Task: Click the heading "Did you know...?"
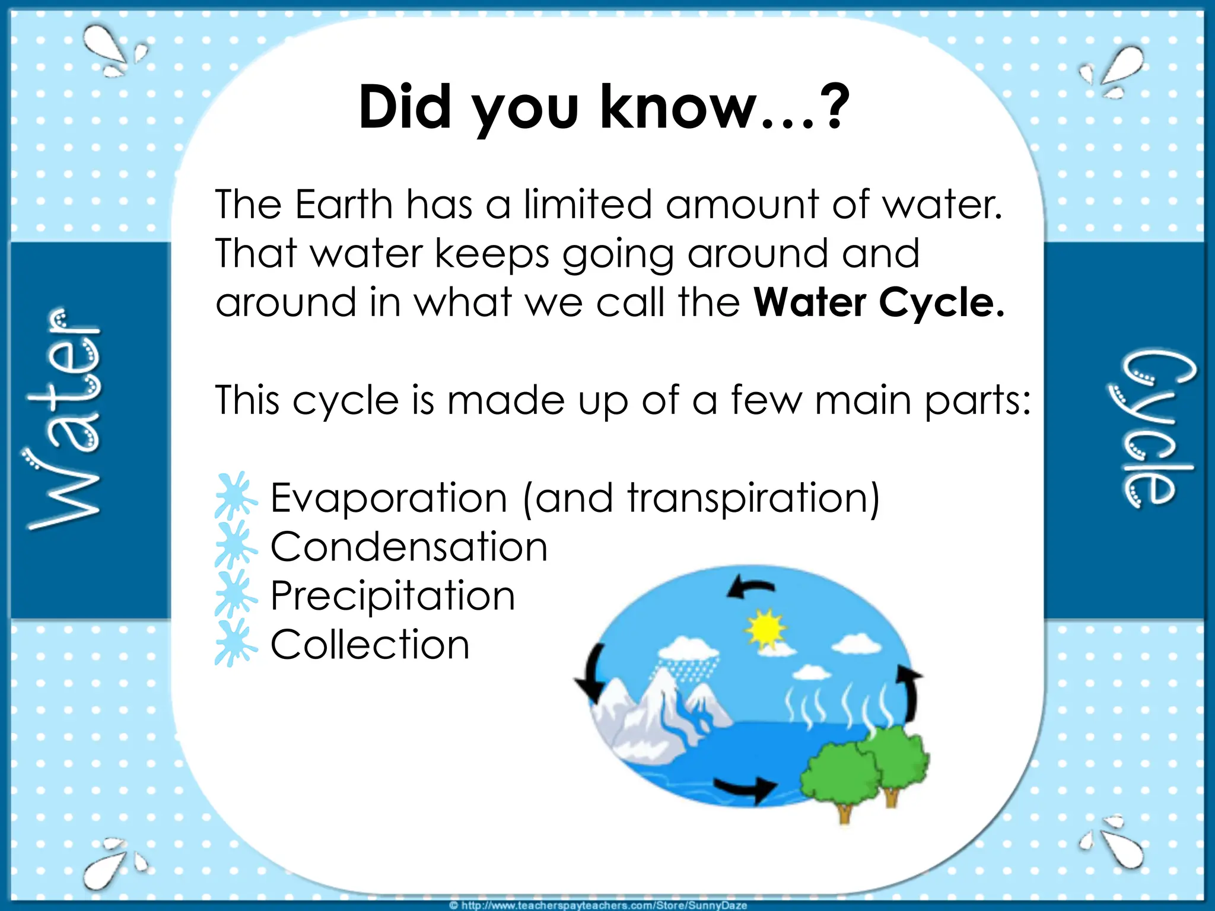pos(604,108)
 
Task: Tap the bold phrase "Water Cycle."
pos(879,302)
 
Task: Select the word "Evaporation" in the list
pos(389,498)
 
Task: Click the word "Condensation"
pos(409,546)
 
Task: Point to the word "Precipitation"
pos(393,595)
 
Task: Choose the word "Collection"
pos(370,645)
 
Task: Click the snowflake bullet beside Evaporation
pos(236,496)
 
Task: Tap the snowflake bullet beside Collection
pos(236,643)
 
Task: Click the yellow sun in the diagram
pos(766,629)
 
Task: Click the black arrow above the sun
pos(750,587)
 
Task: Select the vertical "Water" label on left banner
pos(64,419)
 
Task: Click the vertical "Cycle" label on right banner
pos(1150,428)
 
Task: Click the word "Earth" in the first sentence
pos(344,205)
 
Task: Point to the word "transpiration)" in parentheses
pos(753,498)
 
